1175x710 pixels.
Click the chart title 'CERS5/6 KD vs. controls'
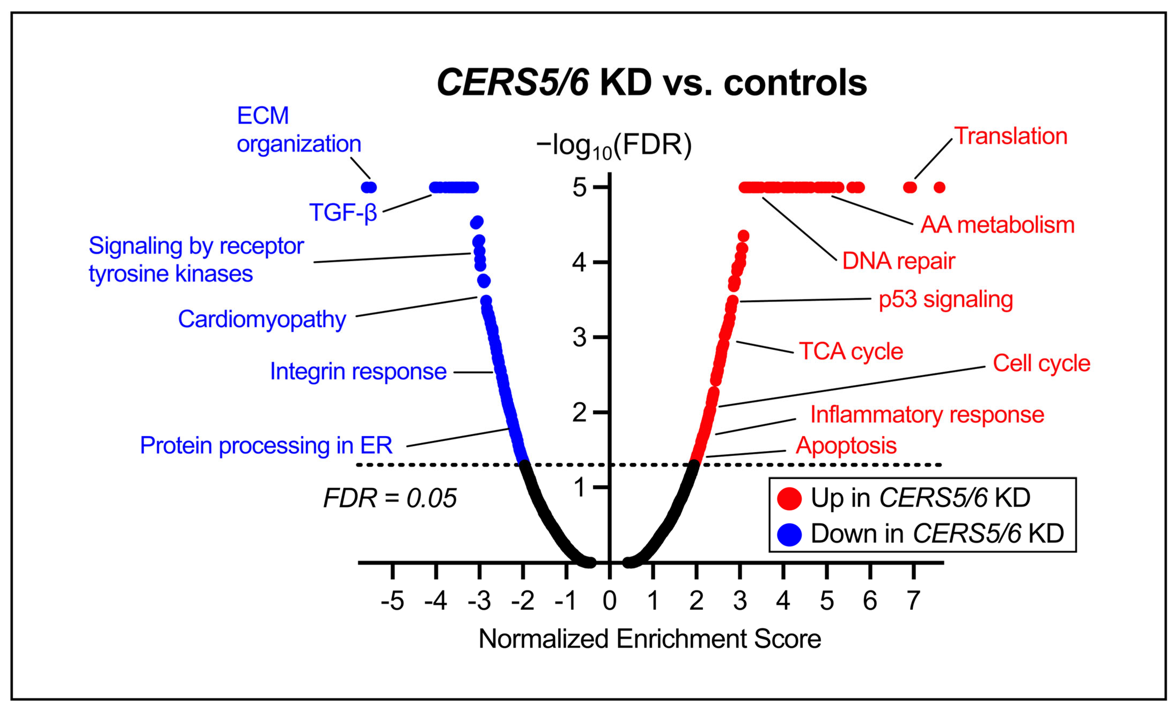click(651, 83)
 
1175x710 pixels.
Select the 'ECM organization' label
click(299, 130)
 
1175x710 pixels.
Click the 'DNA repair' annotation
click(898, 261)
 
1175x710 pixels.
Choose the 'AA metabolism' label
click(997, 225)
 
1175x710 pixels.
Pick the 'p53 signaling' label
click(946, 300)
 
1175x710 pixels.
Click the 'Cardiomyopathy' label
click(262, 320)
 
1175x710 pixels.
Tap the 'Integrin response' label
click(358, 372)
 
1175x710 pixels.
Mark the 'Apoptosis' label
click(846, 446)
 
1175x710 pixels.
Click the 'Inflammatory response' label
click(927, 415)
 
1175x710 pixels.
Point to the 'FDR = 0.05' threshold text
click(390, 499)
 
